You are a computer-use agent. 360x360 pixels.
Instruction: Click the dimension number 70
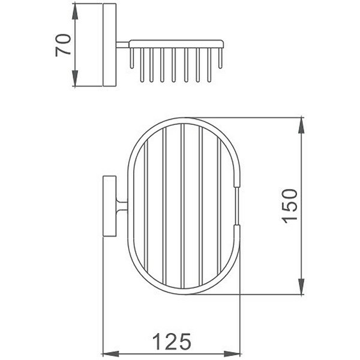[63, 45]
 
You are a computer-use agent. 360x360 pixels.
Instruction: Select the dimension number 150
[289, 206]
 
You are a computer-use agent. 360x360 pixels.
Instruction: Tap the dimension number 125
[171, 342]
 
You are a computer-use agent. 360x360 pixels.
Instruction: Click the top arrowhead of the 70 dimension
[75, 12]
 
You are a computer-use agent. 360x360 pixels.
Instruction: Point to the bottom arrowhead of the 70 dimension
[75, 78]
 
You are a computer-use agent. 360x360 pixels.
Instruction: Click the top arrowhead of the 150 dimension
[301, 126]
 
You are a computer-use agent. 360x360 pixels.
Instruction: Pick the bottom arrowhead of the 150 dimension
[301, 286]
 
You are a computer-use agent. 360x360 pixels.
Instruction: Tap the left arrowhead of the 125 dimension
[111, 354]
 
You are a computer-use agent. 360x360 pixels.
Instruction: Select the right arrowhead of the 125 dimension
[232, 354]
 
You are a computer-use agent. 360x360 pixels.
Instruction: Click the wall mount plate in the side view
[109, 45]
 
